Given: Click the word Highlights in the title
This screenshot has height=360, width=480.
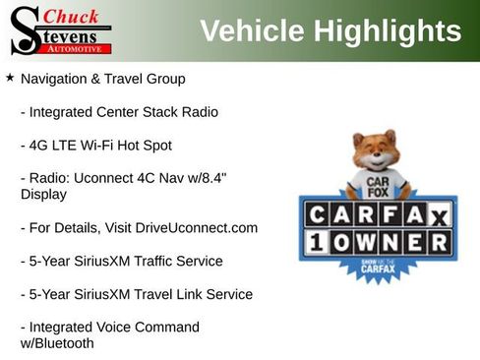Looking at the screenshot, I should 386,31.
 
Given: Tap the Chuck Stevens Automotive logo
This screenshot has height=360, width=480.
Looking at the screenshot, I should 60,30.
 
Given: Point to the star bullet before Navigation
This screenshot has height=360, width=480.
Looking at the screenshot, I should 10,77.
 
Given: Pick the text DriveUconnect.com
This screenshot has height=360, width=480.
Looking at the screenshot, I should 197,228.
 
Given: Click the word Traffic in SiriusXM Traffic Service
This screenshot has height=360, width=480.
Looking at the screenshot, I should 168,262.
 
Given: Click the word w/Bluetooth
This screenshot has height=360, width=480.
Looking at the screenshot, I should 57,343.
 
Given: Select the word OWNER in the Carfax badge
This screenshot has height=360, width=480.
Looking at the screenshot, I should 391,242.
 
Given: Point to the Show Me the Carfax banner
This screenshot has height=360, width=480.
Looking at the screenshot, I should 376,267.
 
